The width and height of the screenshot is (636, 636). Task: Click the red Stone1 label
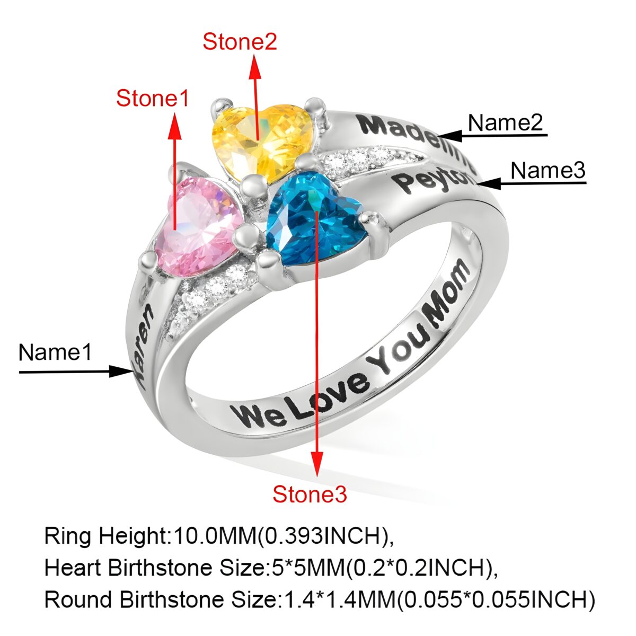pos(152,99)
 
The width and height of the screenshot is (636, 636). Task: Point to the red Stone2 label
pos(240,42)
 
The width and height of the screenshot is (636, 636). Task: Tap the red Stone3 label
pos(310,494)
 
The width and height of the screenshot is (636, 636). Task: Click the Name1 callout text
pos(55,352)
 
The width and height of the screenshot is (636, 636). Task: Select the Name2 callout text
pos(505,123)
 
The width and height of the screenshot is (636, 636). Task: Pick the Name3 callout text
pos(547,171)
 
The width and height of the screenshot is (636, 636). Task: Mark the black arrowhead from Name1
pos(119,371)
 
